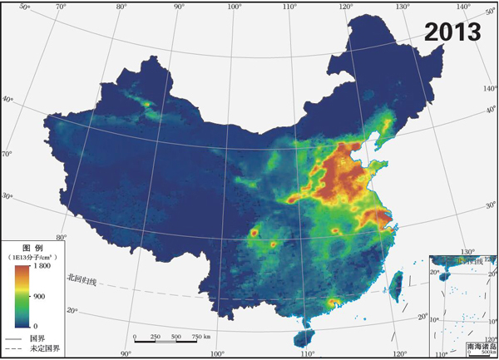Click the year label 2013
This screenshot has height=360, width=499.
pyautogui.click(x=452, y=32)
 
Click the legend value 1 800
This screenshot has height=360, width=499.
pyautogui.click(x=42, y=267)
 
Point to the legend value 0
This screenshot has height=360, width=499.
pyautogui.click(x=33, y=324)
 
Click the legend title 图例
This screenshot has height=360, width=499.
pyautogui.click(x=32, y=249)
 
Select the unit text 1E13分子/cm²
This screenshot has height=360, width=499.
pyautogui.click(x=32, y=258)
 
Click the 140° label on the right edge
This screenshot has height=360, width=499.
pyautogui.click(x=489, y=87)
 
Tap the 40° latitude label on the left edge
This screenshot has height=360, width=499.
pyautogui.click(x=7, y=99)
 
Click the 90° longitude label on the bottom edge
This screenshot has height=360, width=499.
pyautogui.click(x=126, y=353)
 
